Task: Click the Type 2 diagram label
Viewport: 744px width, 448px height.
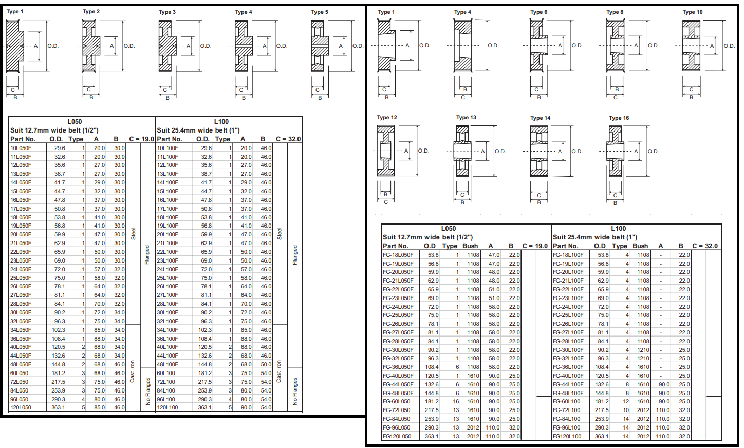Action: coord(91,11)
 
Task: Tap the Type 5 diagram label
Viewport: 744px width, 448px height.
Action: coord(319,12)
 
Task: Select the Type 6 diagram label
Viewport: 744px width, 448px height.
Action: coord(538,12)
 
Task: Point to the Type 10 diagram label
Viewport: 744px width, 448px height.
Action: coord(692,12)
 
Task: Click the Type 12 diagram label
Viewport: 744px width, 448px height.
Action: coord(387,117)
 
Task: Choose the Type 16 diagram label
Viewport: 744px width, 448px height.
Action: coord(619,118)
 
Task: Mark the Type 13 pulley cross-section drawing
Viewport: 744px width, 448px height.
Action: coord(462,151)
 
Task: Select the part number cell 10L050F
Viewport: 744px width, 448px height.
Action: coord(21,148)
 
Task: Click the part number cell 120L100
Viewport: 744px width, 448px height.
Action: coord(168,407)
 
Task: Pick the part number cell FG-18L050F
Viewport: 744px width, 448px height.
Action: coord(398,255)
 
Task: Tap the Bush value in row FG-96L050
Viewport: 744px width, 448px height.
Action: coord(473,427)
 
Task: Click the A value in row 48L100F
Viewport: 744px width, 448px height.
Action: coord(246,364)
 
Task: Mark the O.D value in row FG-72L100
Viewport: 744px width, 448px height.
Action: coord(602,410)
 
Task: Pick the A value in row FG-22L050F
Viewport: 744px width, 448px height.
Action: coord(494,289)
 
